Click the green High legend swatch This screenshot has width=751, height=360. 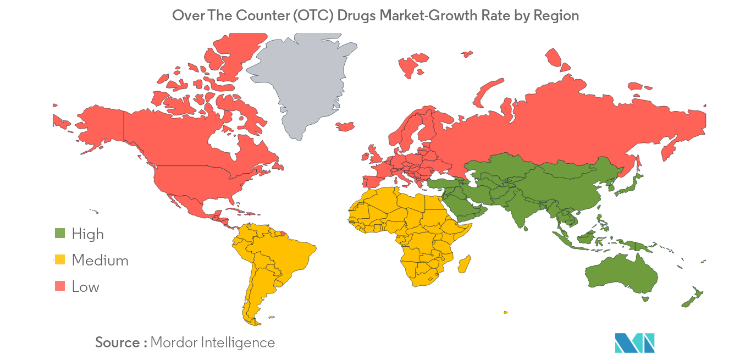click(60, 234)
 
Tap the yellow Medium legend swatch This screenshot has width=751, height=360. click(60, 260)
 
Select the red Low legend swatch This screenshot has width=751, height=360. click(60, 286)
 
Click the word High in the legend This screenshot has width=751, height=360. click(87, 234)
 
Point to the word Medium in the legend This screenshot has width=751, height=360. click(100, 260)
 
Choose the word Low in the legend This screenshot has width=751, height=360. click(85, 286)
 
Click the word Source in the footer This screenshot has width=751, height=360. click(118, 342)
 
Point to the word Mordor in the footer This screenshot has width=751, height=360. click(173, 342)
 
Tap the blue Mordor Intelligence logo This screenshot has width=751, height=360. click(634, 342)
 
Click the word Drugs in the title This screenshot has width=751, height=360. click(356, 15)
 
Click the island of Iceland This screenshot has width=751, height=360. click(345, 126)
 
